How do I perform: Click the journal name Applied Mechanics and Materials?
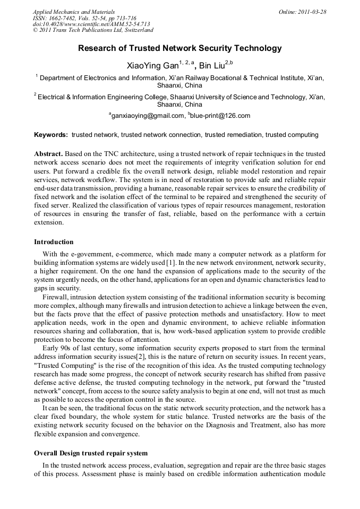[x=73, y=12]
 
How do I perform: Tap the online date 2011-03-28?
[x=312, y=12]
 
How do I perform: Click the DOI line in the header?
[x=91, y=24]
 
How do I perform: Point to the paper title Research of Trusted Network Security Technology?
[x=180, y=48]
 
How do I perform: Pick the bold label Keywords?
[x=51, y=135]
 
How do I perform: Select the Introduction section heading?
[x=54, y=242]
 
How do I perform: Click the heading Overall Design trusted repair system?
[x=91, y=453]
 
